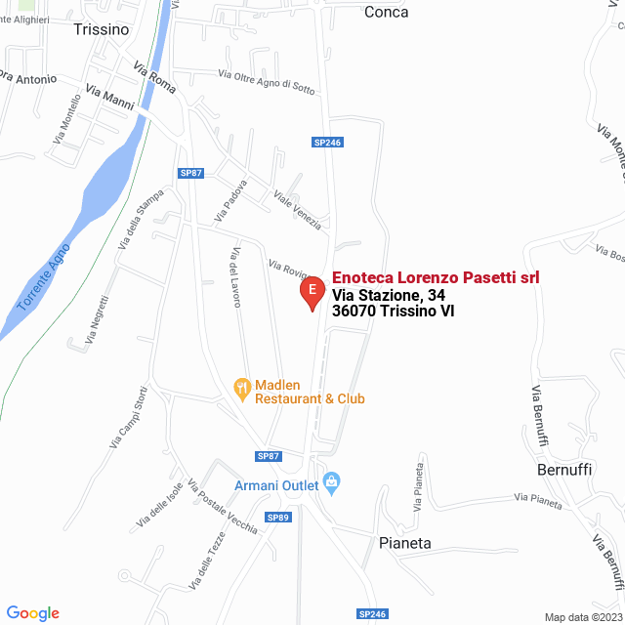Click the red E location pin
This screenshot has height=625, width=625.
point(312,292)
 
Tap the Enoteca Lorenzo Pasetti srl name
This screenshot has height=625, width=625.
point(436,278)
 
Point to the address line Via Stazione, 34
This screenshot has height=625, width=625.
point(389,295)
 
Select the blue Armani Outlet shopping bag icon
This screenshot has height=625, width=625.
point(332,481)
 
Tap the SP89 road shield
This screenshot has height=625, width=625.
point(279,518)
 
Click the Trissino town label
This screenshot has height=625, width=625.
point(101,29)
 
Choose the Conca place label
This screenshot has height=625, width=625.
point(386,12)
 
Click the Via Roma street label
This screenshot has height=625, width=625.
point(155,78)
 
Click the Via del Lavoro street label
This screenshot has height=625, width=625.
point(234,275)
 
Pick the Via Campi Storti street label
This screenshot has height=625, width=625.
point(128,417)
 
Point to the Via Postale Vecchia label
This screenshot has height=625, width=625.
point(222,508)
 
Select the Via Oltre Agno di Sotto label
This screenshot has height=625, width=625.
point(267,82)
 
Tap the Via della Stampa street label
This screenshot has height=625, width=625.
point(140,220)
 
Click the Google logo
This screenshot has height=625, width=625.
point(32,612)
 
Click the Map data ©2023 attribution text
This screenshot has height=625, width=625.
point(582,616)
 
